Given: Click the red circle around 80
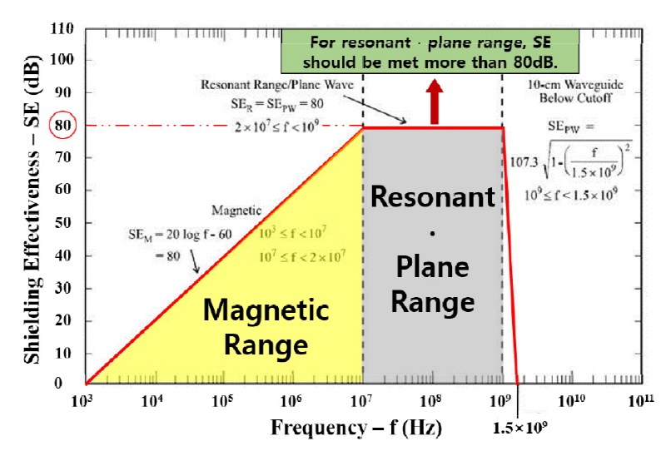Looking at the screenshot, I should (x=64, y=126).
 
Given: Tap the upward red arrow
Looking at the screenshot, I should (x=434, y=101).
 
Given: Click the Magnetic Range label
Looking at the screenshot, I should (x=266, y=325).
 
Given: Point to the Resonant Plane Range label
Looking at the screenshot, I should (x=433, y=249).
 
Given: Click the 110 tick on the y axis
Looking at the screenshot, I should (x=64, y=29).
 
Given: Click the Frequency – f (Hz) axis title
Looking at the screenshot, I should (x=355, y=428).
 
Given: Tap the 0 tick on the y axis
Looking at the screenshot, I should (x=70, y=384).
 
